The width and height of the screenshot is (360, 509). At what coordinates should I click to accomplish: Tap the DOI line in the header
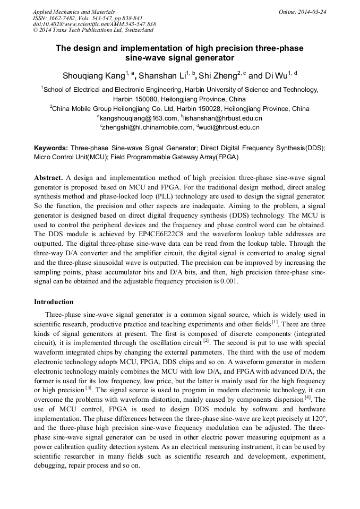94,24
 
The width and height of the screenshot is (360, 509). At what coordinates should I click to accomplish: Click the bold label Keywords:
51,148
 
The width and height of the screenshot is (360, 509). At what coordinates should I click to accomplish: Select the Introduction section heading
54,302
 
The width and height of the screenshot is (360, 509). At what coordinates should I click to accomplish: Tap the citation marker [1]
275,322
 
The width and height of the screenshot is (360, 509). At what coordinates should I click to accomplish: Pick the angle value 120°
317,418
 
